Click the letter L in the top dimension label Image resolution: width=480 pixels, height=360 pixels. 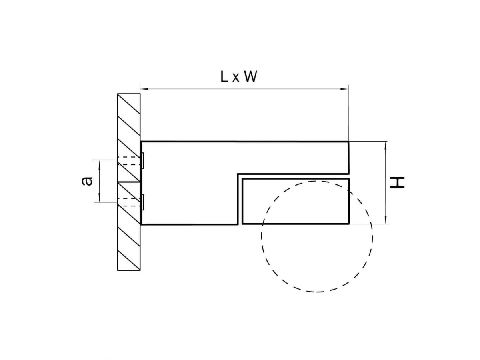[224, 77]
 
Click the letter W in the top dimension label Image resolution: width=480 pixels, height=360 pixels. [251, 77]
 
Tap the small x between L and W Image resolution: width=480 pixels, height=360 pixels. [236, 78]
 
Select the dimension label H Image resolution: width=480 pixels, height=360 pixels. [397, 182]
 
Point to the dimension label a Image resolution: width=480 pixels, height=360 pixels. [87, 181]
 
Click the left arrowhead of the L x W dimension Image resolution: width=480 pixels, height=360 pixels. [144, 89]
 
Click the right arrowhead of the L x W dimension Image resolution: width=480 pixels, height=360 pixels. [344, 89]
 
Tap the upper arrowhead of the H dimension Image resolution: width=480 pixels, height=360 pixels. [386, 146]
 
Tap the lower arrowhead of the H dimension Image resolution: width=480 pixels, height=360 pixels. [386, 220]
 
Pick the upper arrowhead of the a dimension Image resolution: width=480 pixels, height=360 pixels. [100, 164]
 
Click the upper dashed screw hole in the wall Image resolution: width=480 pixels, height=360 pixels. [129, 161]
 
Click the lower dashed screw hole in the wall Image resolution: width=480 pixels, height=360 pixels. [129, 202]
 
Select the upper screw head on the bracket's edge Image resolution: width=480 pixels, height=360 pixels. [142, 161]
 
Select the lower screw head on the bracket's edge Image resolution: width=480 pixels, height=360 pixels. [142, 202]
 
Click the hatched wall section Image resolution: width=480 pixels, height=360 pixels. [129, 182]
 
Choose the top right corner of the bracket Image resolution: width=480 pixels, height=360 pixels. [348, 142]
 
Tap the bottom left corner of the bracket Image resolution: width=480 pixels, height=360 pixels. [141, 224]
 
